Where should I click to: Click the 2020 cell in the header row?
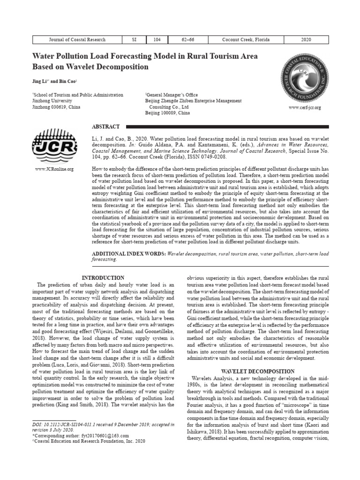pyautogui.click(x=306, y=40)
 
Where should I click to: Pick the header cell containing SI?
pyautogui.click(x=134, y=40)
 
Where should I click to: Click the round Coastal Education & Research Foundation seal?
pyautogui.click(x=304, y=79)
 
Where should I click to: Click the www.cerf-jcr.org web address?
pyautogui.click(x=305, y=108)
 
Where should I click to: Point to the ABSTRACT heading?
pyautogui.click(x=105, y=127)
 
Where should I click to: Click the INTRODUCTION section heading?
pyautogui.click(x=103, y=278)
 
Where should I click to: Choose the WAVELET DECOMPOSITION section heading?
pyautogui.click(x=258, y=371)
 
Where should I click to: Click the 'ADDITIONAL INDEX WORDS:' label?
pyautogui.click(x=127, y=254)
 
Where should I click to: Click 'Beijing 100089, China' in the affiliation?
pyautogui.click(x=167, y=113)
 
